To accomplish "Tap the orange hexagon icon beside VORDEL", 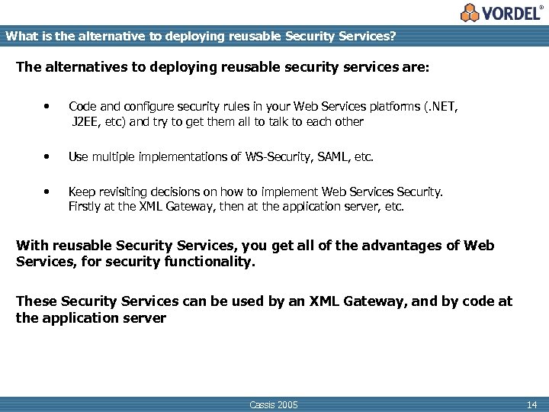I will [x=470, y=13].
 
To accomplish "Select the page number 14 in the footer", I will [x=531, y=404].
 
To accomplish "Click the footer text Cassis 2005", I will [x=274, y=404].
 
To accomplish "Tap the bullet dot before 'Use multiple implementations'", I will [x=48, y=157].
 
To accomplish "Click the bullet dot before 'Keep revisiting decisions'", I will [x=48, y=192].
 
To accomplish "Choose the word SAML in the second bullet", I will [x=330, y=157].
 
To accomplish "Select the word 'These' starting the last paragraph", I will [x=36, y=301].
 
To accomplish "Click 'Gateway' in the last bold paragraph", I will [x=372, y=301].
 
